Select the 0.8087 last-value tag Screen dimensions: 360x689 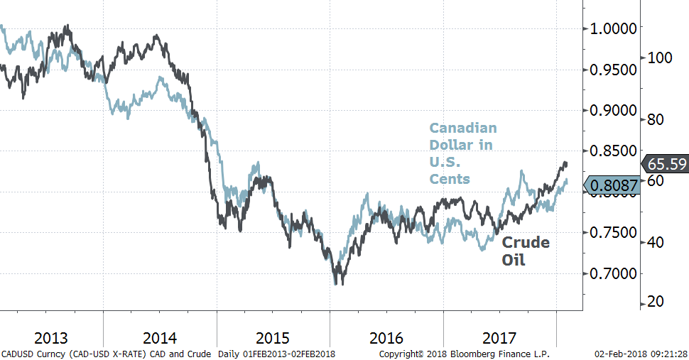click(x=610, y=186)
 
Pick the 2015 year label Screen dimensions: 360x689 click(x=273, y=337)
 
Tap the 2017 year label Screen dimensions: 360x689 click(x=499, y=337)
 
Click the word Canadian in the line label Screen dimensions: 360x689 click(x=462, y=129)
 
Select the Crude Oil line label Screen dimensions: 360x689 click(x=525, y=251)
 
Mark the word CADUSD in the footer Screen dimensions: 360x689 click(x=17, y=354)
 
